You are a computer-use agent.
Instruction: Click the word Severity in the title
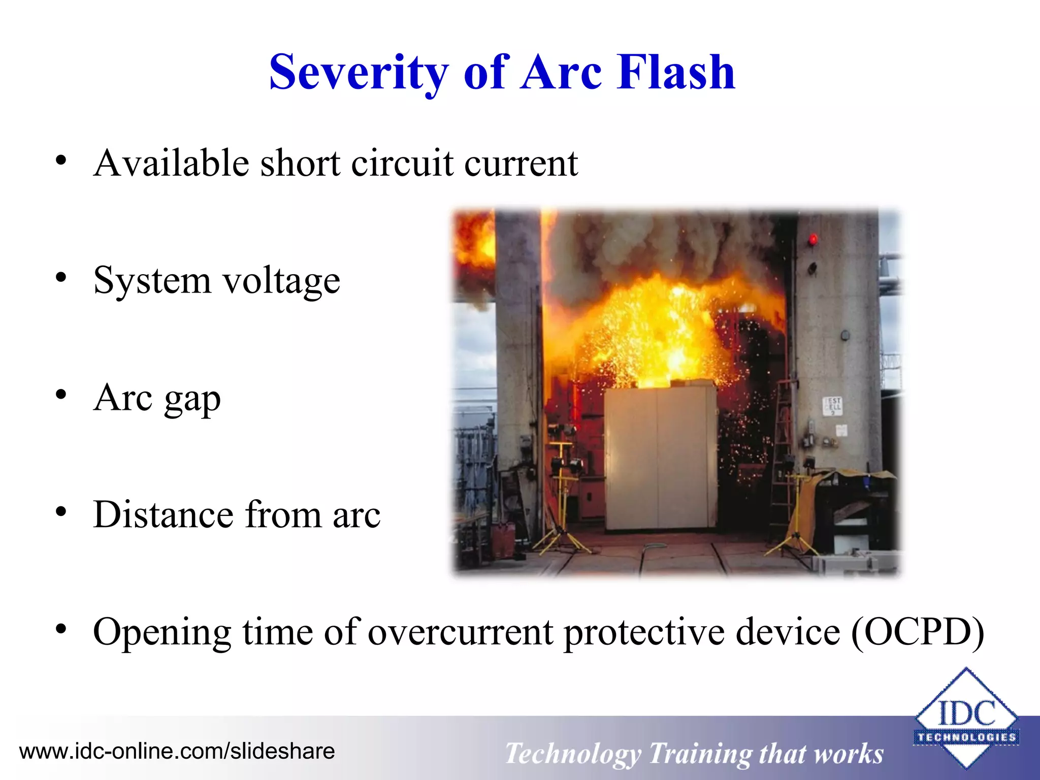[359, 72]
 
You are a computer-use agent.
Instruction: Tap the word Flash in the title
[676, 72]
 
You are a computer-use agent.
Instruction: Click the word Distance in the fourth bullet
[163, 514]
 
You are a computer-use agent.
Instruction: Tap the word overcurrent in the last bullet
[460, 632]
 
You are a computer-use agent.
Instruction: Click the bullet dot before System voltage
[61, 278]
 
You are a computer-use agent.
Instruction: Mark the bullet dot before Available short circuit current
[61, 160]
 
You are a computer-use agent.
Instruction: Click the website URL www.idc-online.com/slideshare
[177, 751]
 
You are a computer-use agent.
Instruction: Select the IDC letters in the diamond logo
[966, 713]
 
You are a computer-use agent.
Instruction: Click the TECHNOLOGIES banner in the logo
[966, 737]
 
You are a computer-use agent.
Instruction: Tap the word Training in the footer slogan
[700, 753]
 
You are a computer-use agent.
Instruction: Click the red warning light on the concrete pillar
[813, 239]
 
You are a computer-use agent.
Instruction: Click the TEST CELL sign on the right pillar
[832, 405]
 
